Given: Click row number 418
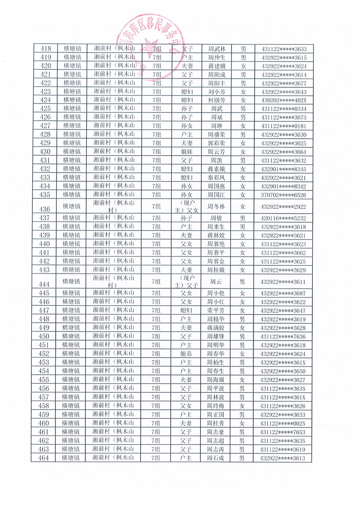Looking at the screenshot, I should click(x=45, y=49).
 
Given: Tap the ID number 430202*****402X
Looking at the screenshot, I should click(x=284, y=100).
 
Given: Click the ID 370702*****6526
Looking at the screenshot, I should click(x=284, y=195).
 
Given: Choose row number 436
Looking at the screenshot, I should click(x=45, y=209).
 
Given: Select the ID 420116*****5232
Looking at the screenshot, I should click(x=284, y=218).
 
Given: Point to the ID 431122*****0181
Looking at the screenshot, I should click(x=284, y=126).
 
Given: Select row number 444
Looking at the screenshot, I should click(x=45, y=284).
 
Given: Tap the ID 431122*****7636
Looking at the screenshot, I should click(x=284, y=337).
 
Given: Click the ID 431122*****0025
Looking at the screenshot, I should click(x=284, y=423).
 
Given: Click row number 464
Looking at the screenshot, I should click(x=45, y=458).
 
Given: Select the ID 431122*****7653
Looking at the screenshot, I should click(x=284, y=432).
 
